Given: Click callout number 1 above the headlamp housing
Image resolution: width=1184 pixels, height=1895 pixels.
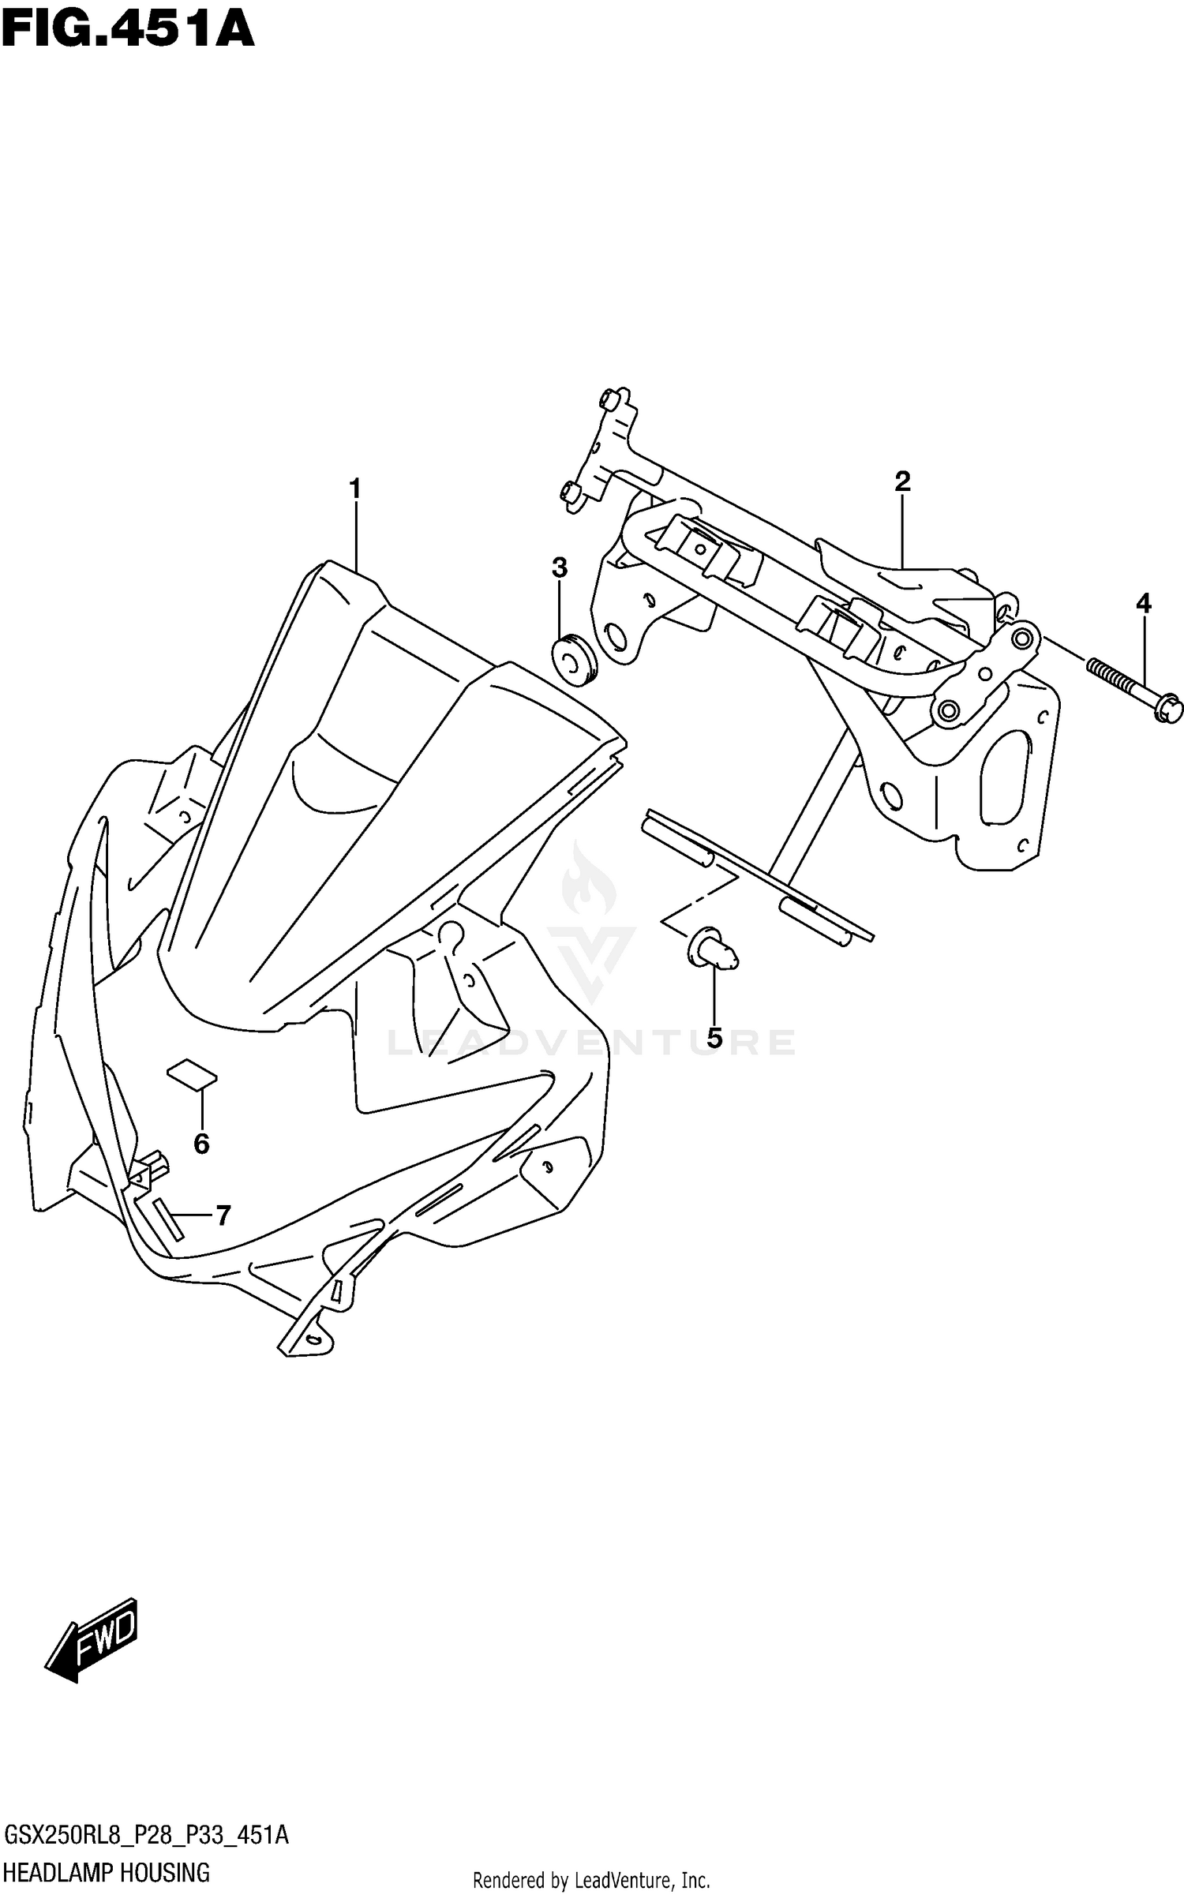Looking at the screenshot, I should click(x=355, y=489).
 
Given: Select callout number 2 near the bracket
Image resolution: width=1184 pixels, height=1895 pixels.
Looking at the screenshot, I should click(x=902, y=481).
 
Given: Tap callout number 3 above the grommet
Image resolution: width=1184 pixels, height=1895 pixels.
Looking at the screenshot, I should click(x=559, y=567).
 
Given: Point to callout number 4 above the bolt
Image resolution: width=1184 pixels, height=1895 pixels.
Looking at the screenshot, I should click(x=1143, y=605).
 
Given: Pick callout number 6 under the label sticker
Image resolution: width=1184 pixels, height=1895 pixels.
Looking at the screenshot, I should click(x=201, y=1144).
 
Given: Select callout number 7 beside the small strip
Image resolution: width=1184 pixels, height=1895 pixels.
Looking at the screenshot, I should click(x=223, y=1216).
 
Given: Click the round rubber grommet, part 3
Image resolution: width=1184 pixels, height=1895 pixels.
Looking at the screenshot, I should click(x=575, y=660).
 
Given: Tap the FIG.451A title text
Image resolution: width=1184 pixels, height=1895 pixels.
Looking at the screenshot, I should click(x=128, y=32).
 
